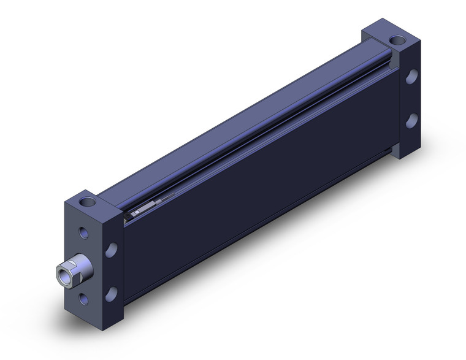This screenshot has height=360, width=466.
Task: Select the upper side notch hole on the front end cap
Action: [x=112, y=250]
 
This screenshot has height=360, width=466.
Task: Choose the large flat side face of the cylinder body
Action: [x=258, y=184]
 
